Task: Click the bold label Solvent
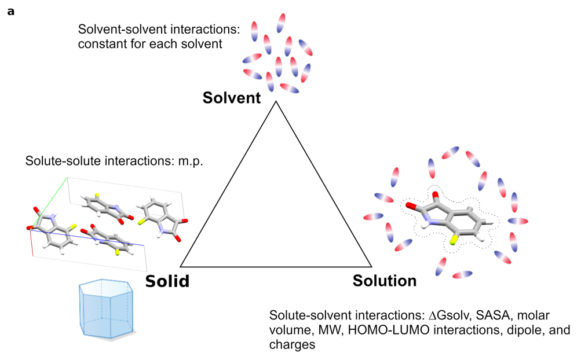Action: [x=231, y=97]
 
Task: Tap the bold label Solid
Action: [x=167, y=281]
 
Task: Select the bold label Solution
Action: [x=384, y=281]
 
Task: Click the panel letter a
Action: [x=10, y=11]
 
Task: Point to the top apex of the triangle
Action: [x=276, y=102]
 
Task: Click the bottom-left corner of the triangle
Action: [x=181, y=266]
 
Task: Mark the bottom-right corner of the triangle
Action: [x=371, y=266]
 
